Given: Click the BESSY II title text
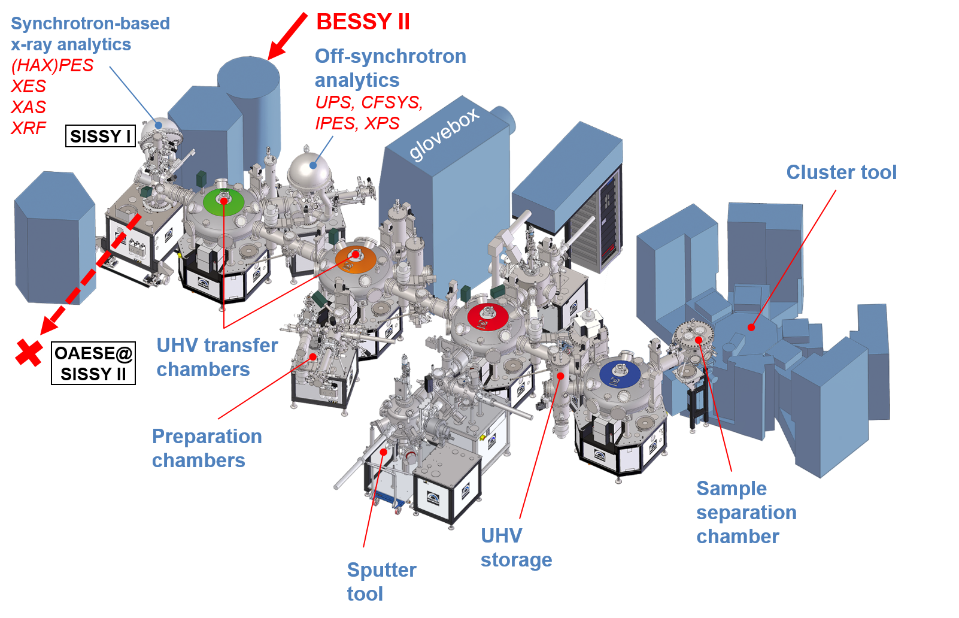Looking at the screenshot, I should coord(363,22).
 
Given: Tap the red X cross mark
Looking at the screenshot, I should coord(29,352).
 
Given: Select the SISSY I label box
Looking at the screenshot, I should coord(100,136).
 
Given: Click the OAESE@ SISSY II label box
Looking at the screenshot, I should coord(93,363).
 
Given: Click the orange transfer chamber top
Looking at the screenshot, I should coord(356,258).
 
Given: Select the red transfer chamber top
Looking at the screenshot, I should coord(488,315).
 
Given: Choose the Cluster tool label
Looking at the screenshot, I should coord(841,172).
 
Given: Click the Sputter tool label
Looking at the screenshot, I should coord(381,581).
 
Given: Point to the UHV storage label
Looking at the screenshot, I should coord(516,547).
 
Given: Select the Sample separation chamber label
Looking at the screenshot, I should coord(746,513).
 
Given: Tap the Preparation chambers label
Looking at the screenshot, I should coord(207,448).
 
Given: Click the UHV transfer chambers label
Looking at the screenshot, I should coord(217,357).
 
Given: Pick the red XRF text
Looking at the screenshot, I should coord(29,128).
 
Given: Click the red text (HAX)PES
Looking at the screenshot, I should coord(53,65).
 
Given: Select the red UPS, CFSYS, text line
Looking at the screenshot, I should coord(369,102).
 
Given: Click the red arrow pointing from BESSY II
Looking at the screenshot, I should coord(287,36).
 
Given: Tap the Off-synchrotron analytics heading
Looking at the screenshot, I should coord(390,68).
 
